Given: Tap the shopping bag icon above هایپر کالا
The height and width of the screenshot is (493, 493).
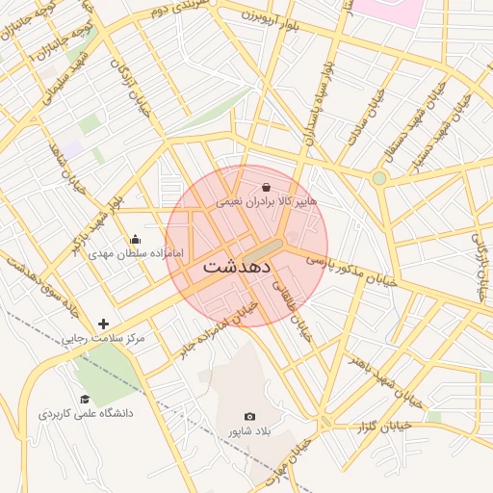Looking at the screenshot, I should [x=267, y=187].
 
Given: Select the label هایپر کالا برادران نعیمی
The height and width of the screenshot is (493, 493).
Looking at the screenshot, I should [x=266, y=202].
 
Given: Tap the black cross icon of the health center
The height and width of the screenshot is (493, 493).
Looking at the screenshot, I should [x=104, y=324].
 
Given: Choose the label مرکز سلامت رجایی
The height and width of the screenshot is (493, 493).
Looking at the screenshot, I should [x=103, y=339].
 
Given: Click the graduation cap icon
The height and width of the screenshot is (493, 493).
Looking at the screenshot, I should [x=85, y=399].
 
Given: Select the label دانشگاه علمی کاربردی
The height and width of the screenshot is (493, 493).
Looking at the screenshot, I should [x=86, y=413].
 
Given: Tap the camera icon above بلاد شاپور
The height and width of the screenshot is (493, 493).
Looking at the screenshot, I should [x=250, y=416].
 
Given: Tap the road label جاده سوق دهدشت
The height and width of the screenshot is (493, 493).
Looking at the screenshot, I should [x=25, y=293].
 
